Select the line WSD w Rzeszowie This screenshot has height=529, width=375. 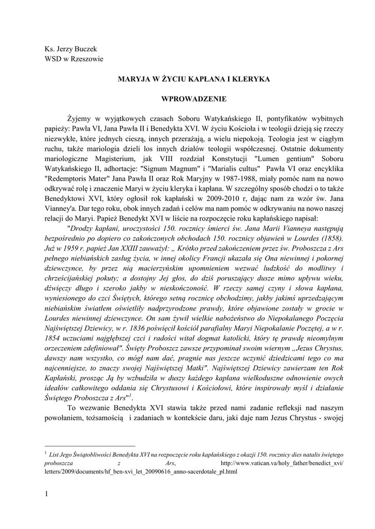point(74,59)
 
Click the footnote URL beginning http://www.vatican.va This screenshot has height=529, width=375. point(281,463)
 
